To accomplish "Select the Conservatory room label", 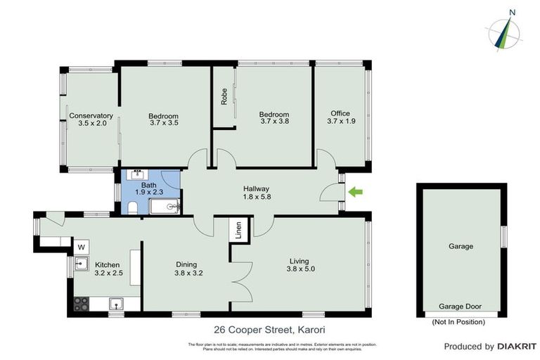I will point(91,116).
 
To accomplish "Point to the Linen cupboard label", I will point(238,231).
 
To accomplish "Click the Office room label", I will point(340,113).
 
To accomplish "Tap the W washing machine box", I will point(81,247).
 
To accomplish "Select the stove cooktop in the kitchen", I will point(82,304).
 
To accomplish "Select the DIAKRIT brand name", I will point(517,346).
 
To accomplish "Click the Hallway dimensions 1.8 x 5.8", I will point(257,198).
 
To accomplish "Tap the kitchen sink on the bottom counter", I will point(117,304).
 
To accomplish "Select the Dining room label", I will point(188,264).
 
